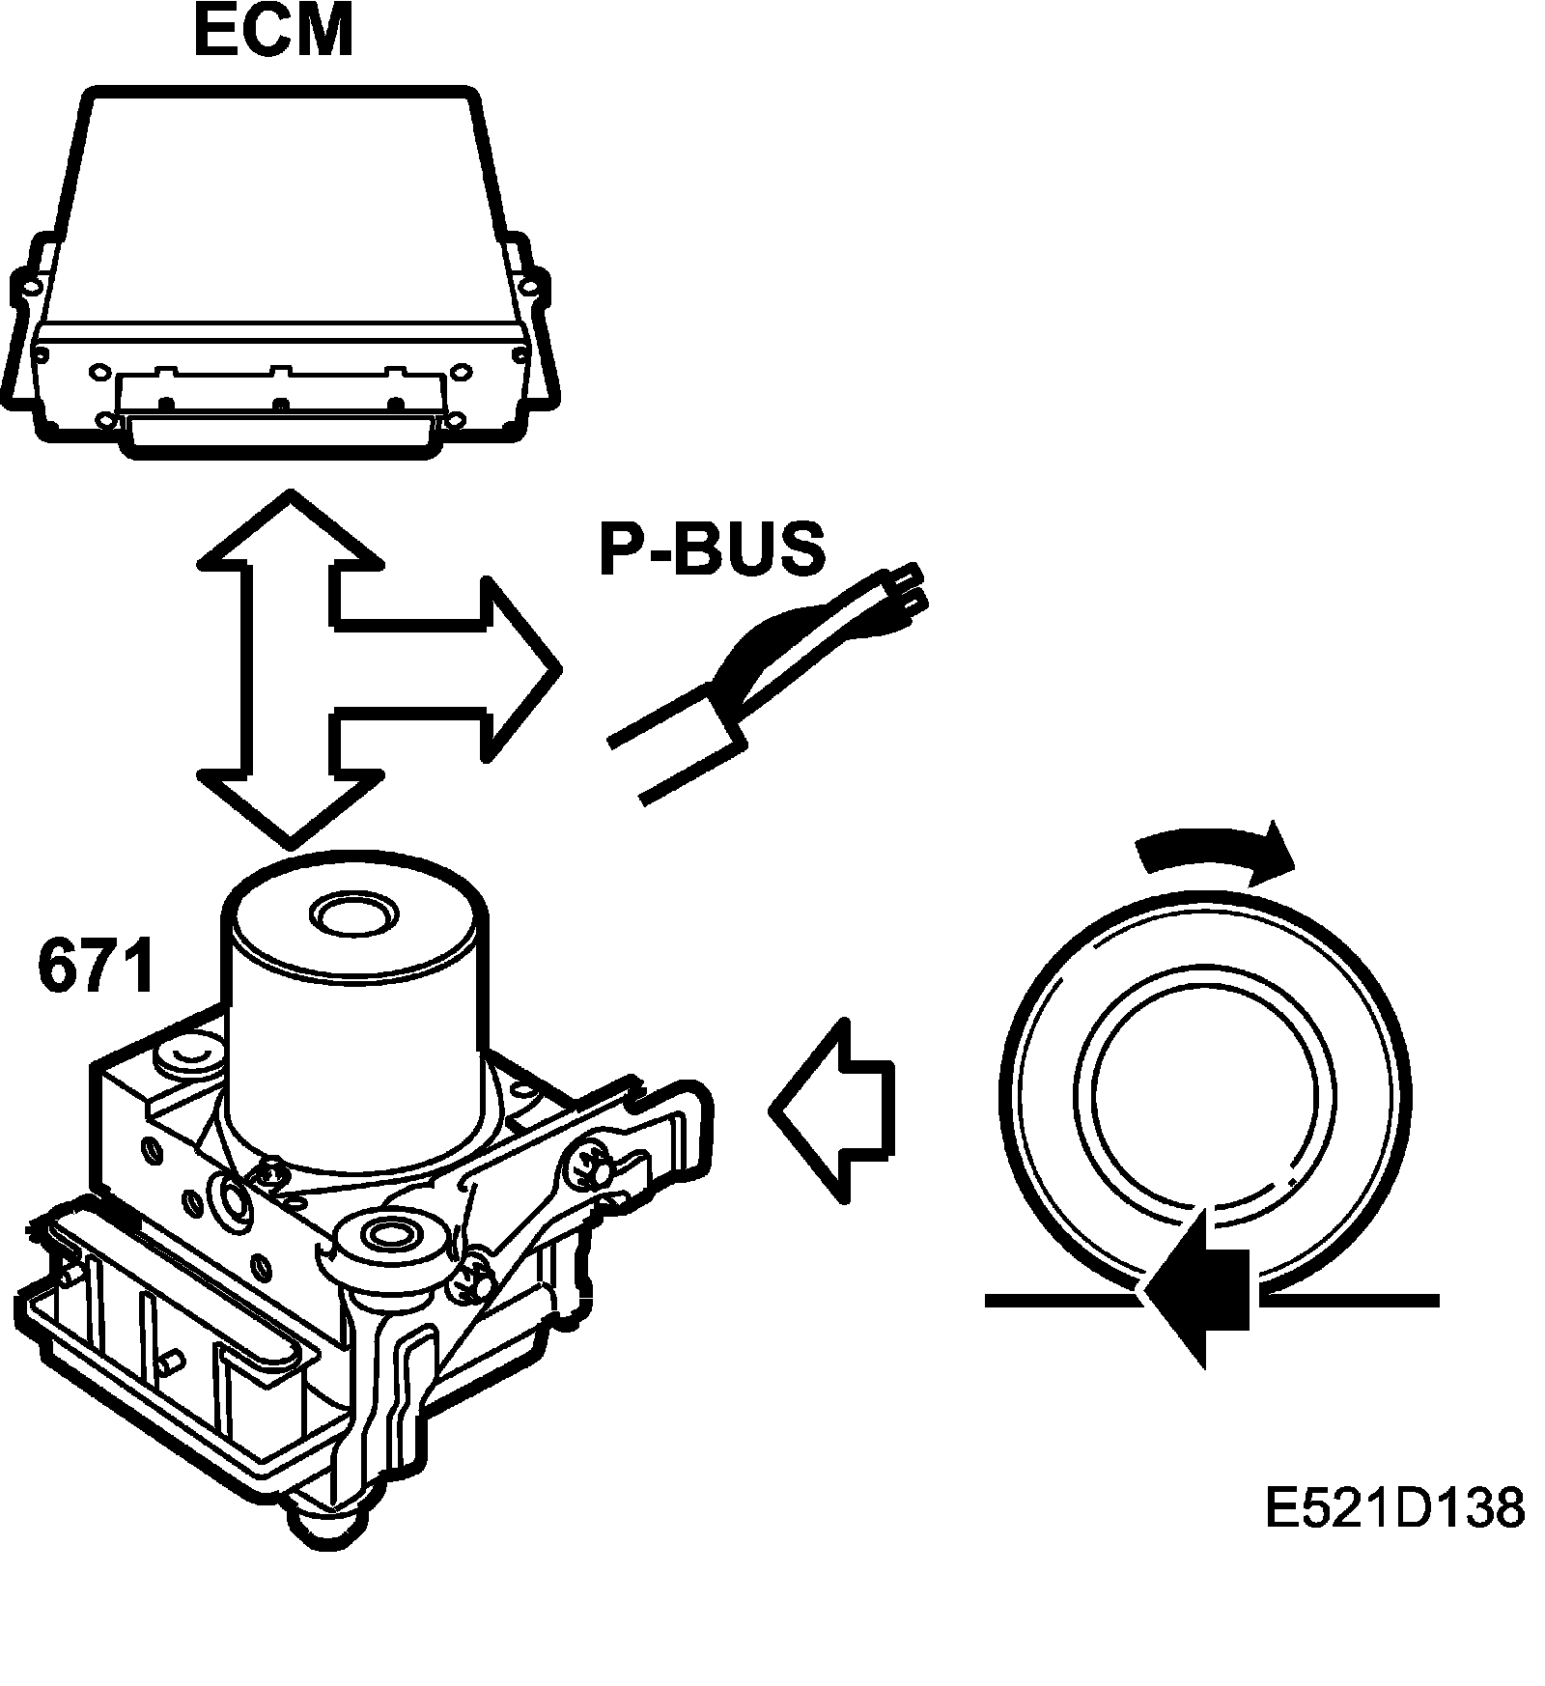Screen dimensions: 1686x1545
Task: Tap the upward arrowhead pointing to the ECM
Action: (x=290, y=531)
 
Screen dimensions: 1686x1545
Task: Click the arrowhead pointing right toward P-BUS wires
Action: (x=521, y=666)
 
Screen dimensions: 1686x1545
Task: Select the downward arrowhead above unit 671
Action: (x=290, y=801)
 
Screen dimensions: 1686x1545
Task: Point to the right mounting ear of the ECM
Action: (x=529, y=290)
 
